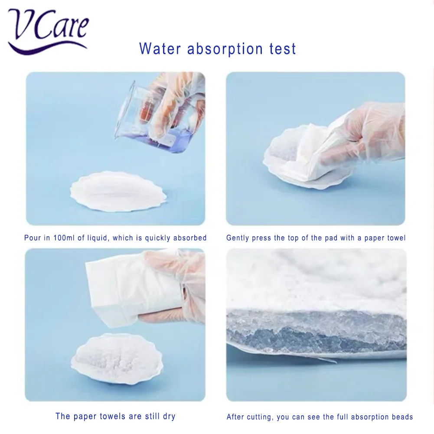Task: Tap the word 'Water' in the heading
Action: click(160, 49)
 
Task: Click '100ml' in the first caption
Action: click(63, 238)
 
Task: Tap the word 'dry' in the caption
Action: click(168, 417)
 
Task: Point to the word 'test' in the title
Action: click(282, 49)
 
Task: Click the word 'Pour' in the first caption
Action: click(32, 238)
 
